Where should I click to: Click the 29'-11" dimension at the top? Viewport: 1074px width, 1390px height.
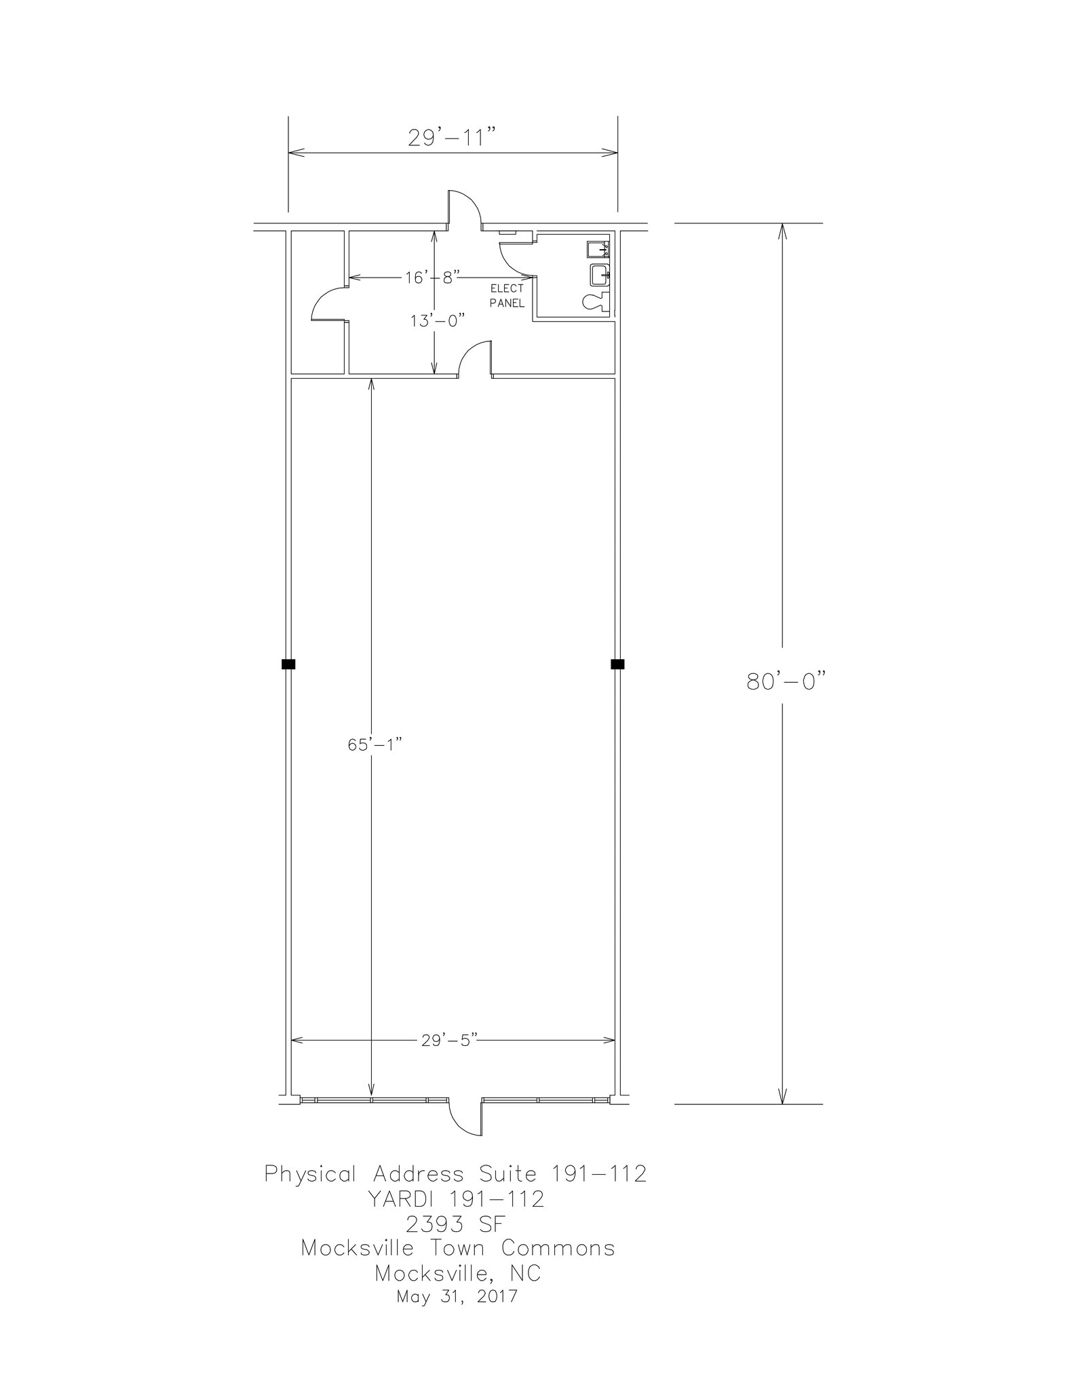[x=453, y=138]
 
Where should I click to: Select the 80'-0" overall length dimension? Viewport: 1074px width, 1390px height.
[x=787, y=681]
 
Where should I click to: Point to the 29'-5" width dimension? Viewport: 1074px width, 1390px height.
[x=450, y=1040]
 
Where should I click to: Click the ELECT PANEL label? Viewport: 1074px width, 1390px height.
[x=507, y=296]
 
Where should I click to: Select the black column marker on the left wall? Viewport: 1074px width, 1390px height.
[x=288, y=664]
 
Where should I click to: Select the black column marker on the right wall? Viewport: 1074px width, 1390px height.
[x=617, y=664]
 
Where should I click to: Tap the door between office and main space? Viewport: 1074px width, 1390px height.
[x=476, y=358]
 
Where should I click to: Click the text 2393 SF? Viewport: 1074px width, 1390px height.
[x=455, y=1224]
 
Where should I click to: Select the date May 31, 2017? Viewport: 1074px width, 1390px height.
[x=457, y=1296]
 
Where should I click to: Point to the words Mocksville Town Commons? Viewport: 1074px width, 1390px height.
[x=458, y=1248]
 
